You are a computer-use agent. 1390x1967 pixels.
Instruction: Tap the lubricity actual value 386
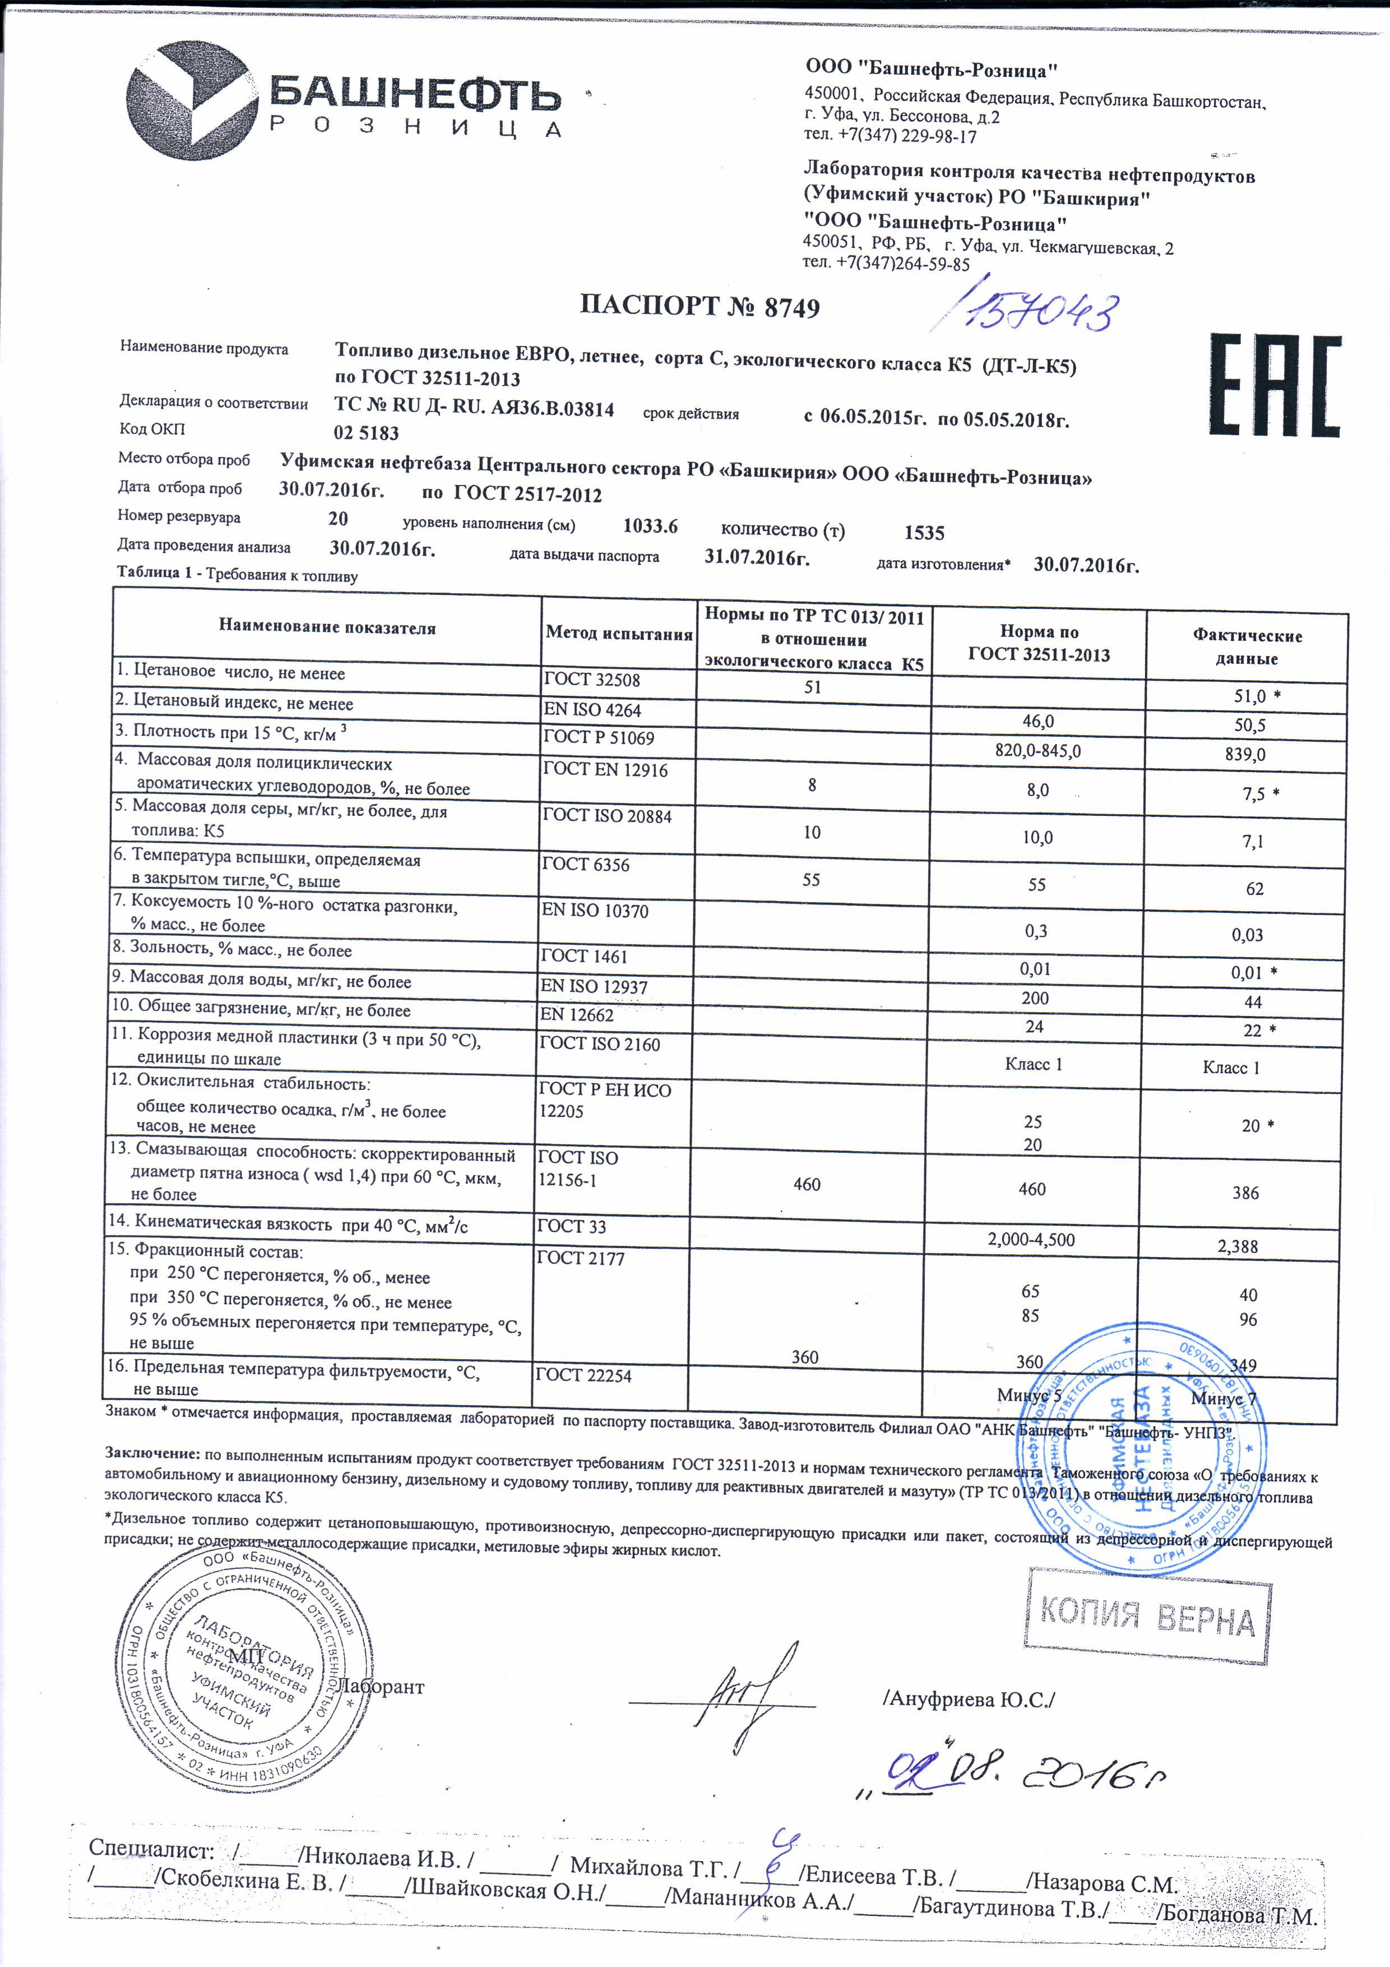click(x=1245, y=1193)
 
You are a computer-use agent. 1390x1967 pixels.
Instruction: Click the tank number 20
click(x=339, y=518)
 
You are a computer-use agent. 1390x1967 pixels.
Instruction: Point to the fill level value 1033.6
click(x=650, y=526)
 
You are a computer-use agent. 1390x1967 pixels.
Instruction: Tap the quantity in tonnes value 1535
click(x=924, y=533)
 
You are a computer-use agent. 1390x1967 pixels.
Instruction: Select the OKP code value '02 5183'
click(x=367, y=433)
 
